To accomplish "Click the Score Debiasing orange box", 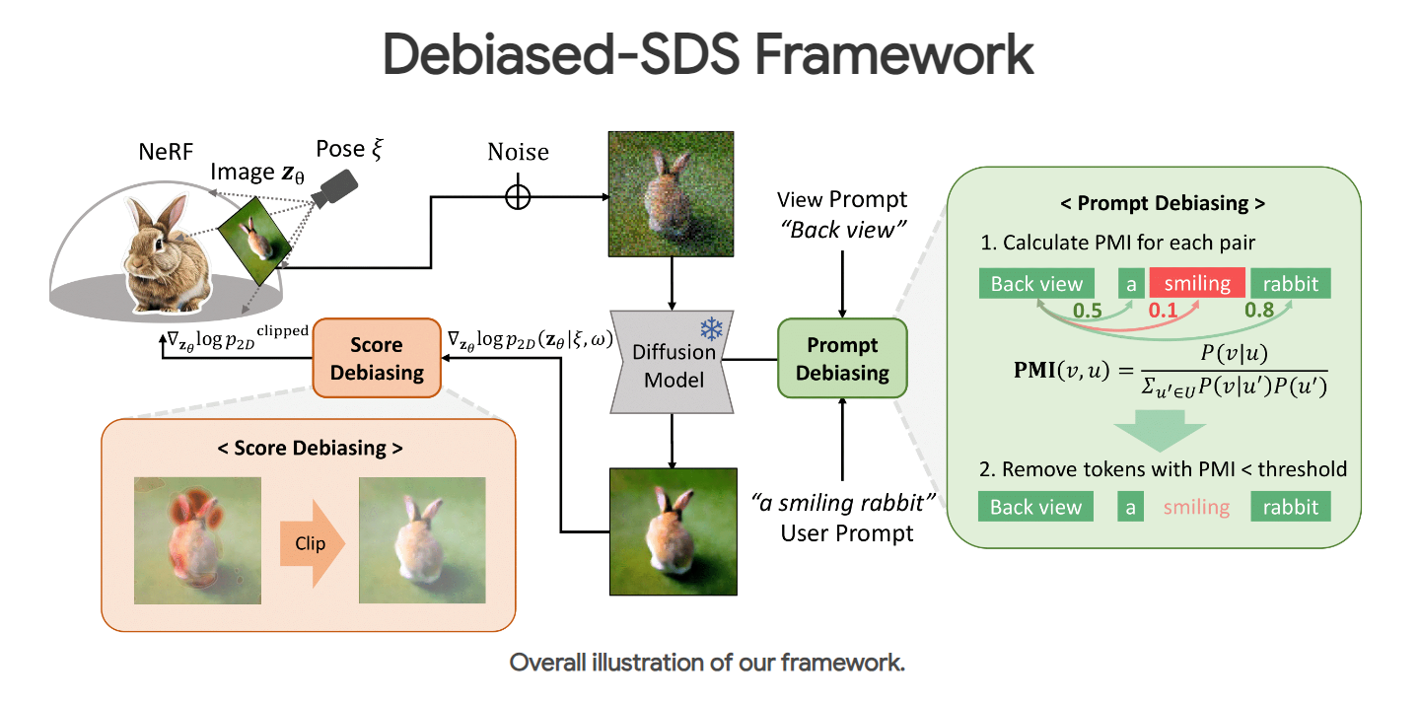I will click(x=377, y=359).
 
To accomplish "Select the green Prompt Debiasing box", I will click(x=842, y=359).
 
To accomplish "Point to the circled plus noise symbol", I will click(x=518, y=196).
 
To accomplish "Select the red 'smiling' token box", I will click(x=1197, y=284).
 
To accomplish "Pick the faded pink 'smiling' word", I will click(x=1196, y=508).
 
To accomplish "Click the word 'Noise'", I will click(x=518, y=153).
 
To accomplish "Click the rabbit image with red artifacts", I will click(x=198, y=541).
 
